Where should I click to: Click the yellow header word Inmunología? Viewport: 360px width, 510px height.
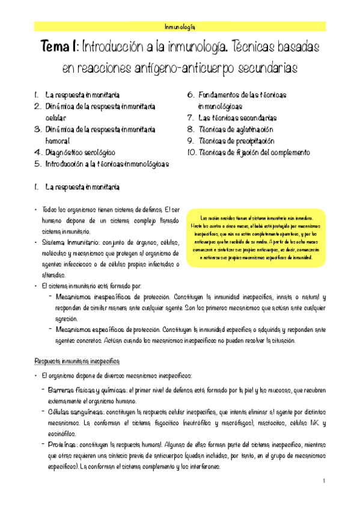click(x=180, y=26)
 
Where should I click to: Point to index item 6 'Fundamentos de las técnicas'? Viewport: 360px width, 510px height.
click(x=242, y=95)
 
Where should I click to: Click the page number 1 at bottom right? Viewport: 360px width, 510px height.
click(x=323, y=481)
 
